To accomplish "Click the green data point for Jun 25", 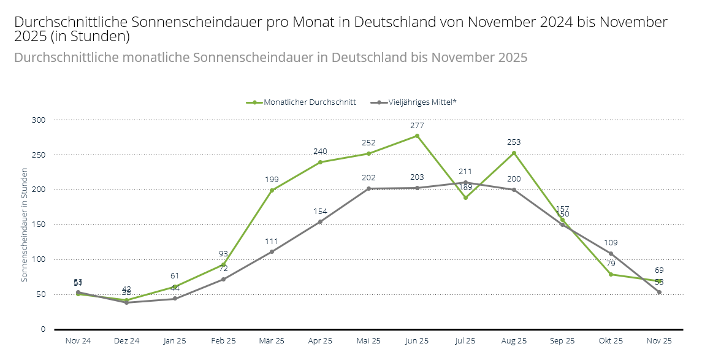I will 417,136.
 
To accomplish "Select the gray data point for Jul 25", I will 465,182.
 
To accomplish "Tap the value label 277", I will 417,125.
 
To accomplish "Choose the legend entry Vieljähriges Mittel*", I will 422,102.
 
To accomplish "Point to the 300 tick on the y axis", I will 39,120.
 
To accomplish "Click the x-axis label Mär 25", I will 272,340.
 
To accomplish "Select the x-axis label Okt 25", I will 611,340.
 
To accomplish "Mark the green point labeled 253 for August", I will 514,153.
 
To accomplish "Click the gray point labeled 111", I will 272,251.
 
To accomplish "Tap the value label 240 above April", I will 320,151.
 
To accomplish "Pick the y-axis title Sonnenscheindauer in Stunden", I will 25,224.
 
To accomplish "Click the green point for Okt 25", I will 611,274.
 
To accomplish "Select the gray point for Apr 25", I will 320,222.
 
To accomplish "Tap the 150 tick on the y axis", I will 39,224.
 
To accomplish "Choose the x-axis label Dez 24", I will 126,340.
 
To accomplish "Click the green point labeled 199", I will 272,190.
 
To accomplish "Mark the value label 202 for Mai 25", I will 368,178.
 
